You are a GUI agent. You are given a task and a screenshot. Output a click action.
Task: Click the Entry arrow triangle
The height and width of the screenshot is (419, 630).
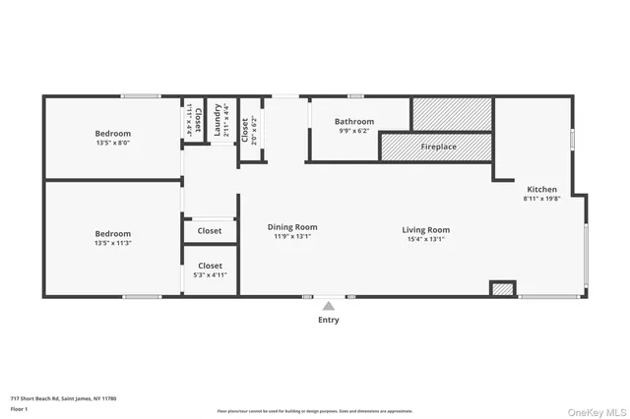pyautogui.click(x=328, y=306)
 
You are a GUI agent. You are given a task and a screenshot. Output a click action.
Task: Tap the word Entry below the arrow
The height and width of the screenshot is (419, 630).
pyautogui.click(x=328, y=320)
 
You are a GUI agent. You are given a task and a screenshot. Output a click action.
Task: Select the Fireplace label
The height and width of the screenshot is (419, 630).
pyautogui.click(x=438, y=147)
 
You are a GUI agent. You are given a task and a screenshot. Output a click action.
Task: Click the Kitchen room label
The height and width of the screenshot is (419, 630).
pyautogui.click(x=541, y=189)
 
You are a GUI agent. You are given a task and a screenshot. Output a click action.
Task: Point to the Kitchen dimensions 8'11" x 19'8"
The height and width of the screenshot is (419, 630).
pyautogui.click(x=540, y=199)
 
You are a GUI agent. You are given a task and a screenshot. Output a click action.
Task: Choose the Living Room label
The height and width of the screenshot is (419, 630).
pyautogui.click(x=425, y=230)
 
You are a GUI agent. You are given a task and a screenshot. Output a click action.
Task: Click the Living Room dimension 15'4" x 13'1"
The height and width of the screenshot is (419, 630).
pyautogui.click(x=425, y=239)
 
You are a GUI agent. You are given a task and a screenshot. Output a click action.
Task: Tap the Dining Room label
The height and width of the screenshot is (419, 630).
pyautogui.click(x=292, y=227)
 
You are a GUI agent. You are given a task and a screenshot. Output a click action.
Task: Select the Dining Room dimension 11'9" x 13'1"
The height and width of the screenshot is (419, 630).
pyautogui.click(x=292, y=236)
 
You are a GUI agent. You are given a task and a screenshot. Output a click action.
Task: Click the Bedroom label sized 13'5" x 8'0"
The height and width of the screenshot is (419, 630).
pyautogui.click(x=112, y=133)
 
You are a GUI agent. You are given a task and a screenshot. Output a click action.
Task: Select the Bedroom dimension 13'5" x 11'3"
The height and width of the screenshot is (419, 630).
pyautogui.click(x=112, y=242)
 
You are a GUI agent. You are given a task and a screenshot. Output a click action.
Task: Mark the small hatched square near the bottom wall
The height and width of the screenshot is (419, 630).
pyautogui.click(x=502, y=289)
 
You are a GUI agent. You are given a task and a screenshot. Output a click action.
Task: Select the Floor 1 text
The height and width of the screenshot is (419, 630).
pyautogui.click(x=19, y=407)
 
